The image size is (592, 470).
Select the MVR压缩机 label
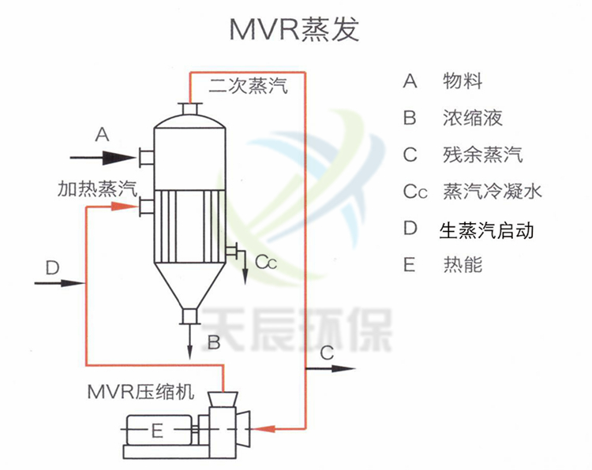140,392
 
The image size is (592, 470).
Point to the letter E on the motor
156,431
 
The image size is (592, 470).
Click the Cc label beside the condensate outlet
265,262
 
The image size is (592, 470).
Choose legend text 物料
463,81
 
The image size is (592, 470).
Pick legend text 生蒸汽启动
487,229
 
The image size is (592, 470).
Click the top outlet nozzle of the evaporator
190,108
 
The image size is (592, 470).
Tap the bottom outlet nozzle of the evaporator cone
190,316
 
